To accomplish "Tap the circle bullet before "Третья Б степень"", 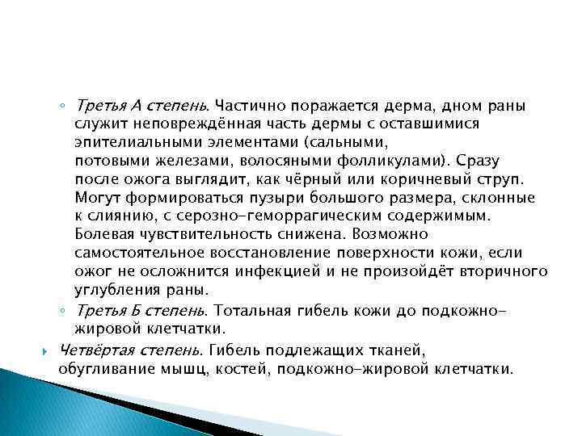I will (62, 311).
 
